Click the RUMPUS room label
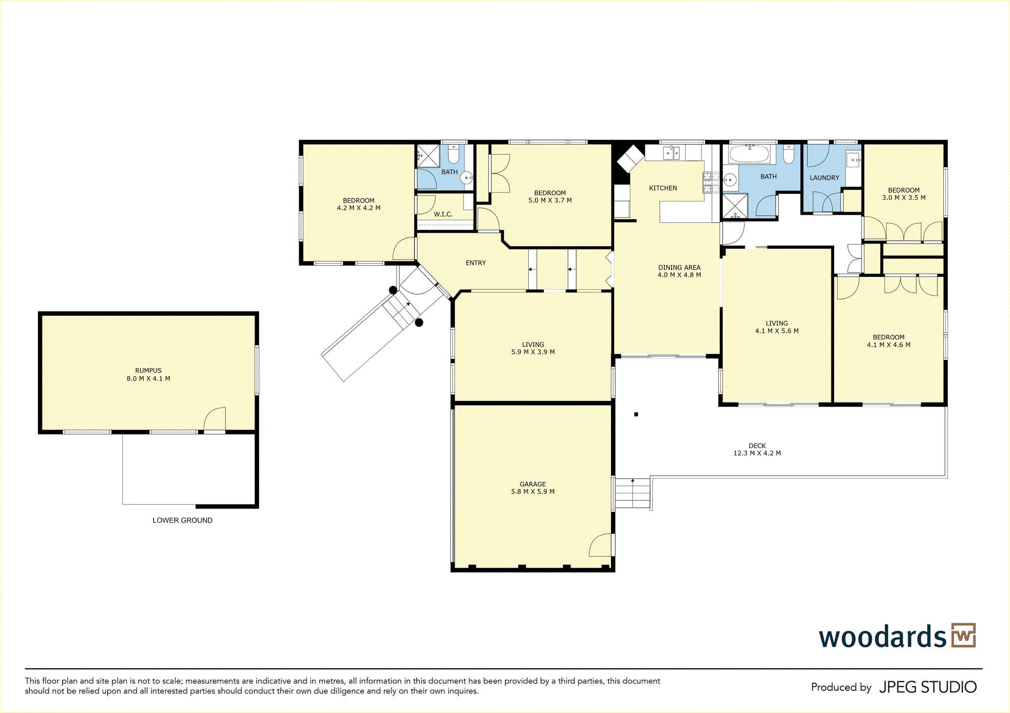coord(148,370)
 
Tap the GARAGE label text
coord(533,484)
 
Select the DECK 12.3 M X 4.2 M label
coord(757,449)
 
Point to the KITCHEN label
coord(663,188)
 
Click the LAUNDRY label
coord(824,178)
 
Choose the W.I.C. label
coord(443,214)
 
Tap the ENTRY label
coord(476,263)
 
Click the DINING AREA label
coord(679,268)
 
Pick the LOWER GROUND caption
coord(182,520)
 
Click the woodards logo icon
coord(964,635)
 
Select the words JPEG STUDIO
coord(928,687)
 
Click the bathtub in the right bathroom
coord(749,154)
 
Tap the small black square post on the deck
coord(636,414)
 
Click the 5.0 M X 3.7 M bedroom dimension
coord(550,200)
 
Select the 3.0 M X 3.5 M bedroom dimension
coord(903,198)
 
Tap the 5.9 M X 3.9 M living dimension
coord(533,352)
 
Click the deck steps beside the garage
coord(632,493)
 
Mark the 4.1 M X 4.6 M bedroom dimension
coord(888,345)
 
